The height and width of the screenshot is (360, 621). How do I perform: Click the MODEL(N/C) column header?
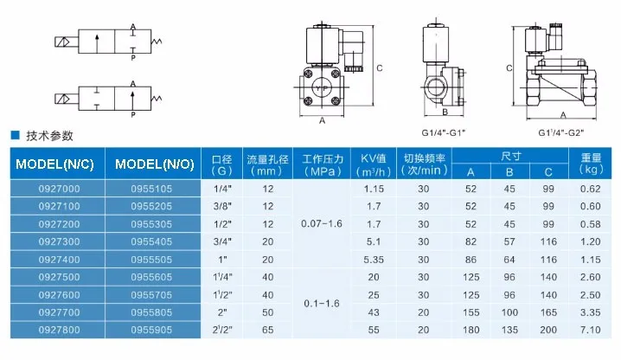click(54, 164)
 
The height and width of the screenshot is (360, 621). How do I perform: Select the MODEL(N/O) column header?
click(155, 164)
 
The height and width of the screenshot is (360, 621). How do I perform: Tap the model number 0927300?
click(59, 241)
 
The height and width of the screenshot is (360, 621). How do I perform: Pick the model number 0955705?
click(151, 295)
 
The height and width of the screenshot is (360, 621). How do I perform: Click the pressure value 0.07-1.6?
click(322, 223)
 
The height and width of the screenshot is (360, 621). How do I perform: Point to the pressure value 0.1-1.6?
click(322, 304)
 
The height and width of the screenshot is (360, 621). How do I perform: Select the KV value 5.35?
click(374, 260)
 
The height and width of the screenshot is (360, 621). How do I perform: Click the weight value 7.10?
click(590, 330)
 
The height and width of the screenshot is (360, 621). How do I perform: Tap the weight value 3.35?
click(590, 312)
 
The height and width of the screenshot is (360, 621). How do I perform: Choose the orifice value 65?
click(268, 330)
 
